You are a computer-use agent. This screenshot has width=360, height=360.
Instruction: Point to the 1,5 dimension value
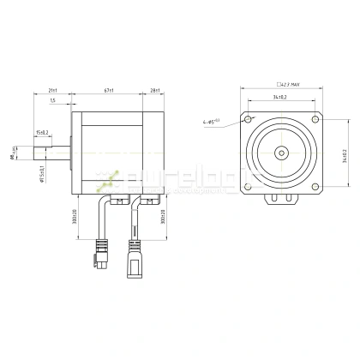pos(53,100)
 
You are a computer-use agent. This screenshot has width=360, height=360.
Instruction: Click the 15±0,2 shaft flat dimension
pos(42,132)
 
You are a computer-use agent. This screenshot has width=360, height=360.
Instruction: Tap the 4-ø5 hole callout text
pos(216,121)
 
